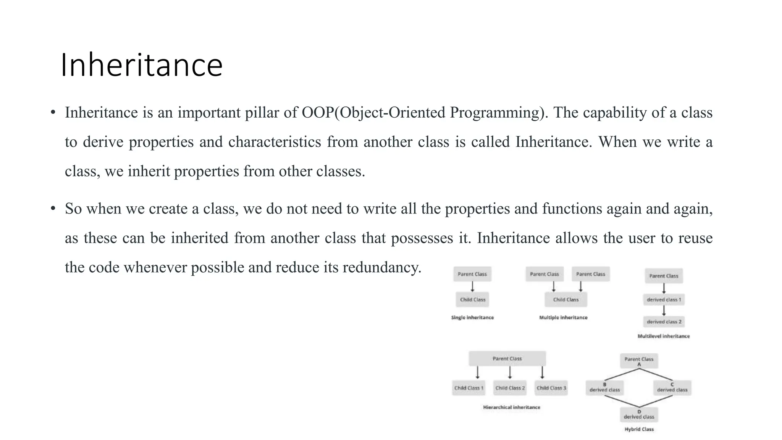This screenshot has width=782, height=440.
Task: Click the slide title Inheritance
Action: [x=141, y=65]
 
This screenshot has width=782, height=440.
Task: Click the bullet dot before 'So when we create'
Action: [x=53, y=209]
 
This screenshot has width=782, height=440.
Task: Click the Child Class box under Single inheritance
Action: [x=472, y=300]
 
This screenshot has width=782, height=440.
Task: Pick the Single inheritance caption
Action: [x=472, y=317]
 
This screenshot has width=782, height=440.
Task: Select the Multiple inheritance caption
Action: [x=563, y=317]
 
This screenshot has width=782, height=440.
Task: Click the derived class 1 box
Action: [x=664, y=300]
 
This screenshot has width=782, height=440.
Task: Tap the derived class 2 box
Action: [x=664, y=322]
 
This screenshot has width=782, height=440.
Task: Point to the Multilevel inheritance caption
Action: [x=664, y=336]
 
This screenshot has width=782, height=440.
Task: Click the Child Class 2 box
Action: [x=510, y=388]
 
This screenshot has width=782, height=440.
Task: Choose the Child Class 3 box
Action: [x=551, y=388]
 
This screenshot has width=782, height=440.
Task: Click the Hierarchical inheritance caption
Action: [x=512, y=407]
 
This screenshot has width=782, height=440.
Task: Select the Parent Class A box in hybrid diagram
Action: [x=639, y=361]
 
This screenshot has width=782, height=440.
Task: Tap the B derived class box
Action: [x=604, y=388]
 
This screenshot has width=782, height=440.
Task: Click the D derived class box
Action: [x=639, y=415]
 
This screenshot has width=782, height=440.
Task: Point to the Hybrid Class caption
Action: [x=639, y=429]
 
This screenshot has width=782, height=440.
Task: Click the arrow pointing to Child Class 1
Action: [x=477, y=373]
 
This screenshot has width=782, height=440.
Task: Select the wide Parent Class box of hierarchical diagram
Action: [x=507, y=359]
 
